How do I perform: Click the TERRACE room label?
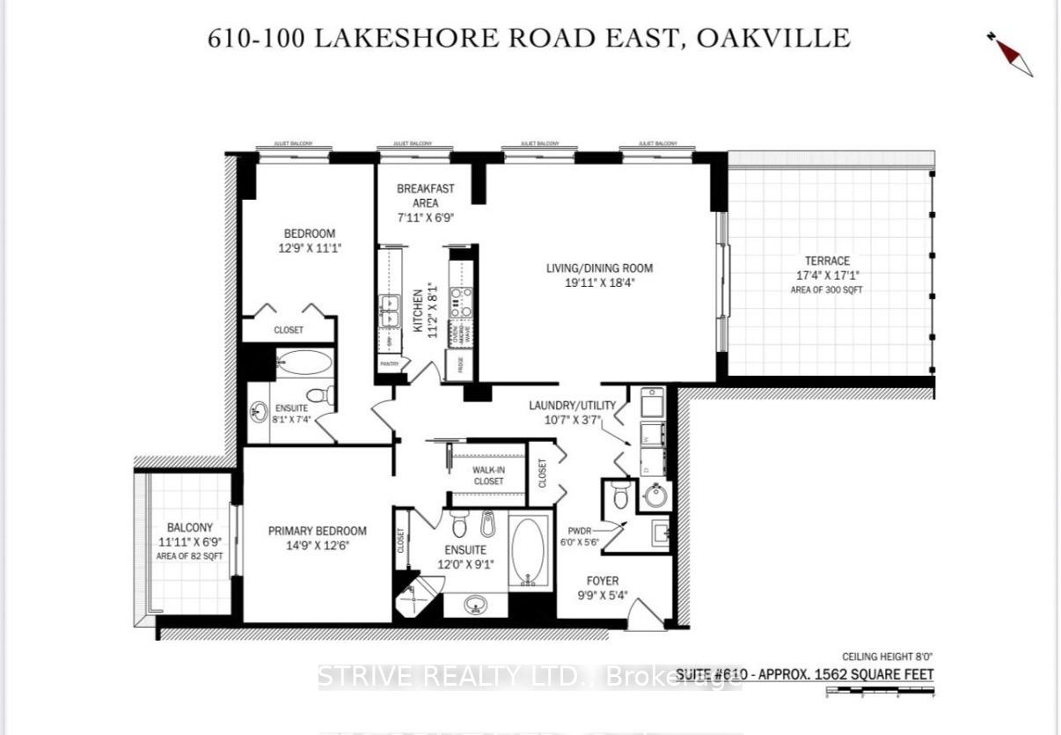(x=827, y=261)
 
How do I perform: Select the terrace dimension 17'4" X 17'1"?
(x=827, y=275)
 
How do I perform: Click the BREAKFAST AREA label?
(x=426, y=195)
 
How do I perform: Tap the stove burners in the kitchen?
(x=461, y=302)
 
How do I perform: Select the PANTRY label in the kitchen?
(x=390, y=363)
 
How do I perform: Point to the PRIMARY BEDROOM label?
(x=318, y=531)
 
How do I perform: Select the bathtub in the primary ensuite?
(x=528, y=553)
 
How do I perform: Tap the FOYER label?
(x=603, y=581)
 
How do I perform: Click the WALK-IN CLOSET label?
(x=488, y=476)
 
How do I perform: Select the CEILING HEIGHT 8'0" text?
(x=887, y=657)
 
